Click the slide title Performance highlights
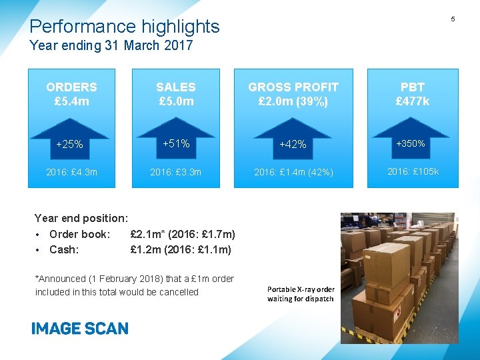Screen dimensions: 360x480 (x=125, y=27)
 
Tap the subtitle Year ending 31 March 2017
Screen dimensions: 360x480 (x=111, y=46)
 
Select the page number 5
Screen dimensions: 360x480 (x=453, y=19)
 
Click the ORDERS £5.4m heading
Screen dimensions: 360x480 (x=71, y=94)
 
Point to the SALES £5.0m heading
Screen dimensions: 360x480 (x=175, y=94)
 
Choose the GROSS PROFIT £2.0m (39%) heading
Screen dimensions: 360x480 (x=293, y=94)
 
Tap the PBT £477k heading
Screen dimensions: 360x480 (x=413, y=94)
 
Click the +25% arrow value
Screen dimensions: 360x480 (x=69, y=144)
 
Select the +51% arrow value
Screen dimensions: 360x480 (x=176, y=143)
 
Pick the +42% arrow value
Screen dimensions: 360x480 (x=293, y=144)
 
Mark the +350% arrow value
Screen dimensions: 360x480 (x=411, y=143)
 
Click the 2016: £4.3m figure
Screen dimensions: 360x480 (x=71, y=173)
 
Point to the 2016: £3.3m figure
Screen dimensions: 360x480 (x=175, y=173)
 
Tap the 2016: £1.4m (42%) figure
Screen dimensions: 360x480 (x=293, y=173)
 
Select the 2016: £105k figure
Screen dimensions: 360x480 (x=413, y=172)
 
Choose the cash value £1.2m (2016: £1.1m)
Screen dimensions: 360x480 (x=181, y=249)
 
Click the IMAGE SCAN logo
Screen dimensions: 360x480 (x=79, y=328)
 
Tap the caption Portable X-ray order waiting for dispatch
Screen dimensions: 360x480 (x=301, y=294)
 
